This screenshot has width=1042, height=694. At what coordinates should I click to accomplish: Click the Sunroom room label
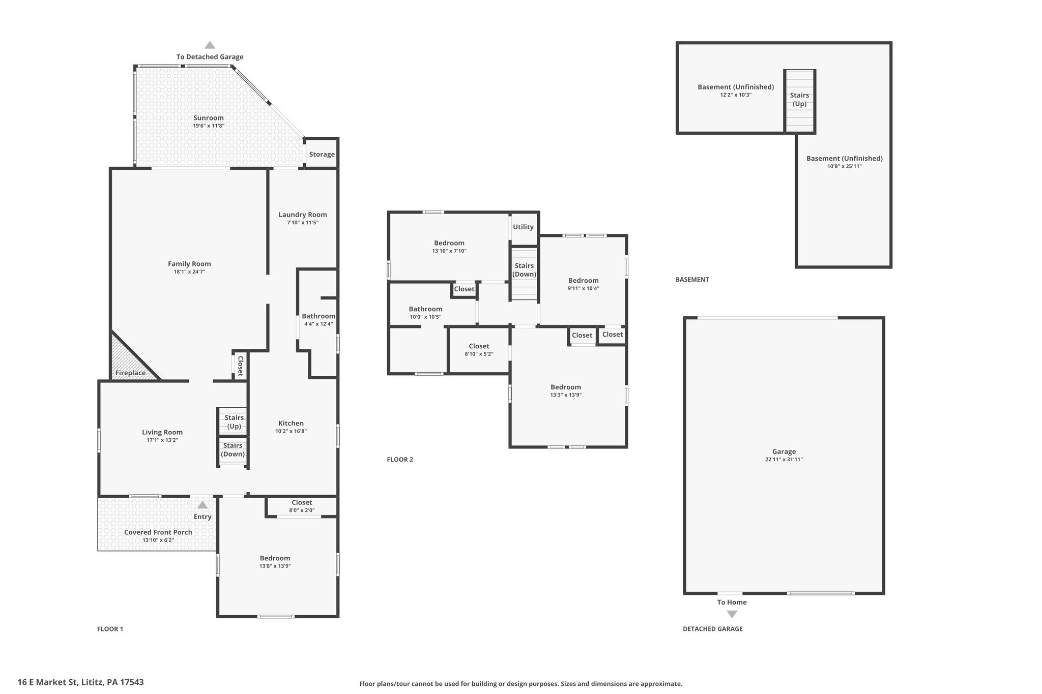tap(209, 118)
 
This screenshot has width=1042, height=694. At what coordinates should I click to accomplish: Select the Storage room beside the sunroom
tap(322, 153)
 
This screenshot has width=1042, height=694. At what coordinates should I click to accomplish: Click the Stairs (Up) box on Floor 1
tap(233, 421)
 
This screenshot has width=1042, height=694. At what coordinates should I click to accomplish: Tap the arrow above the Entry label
tap(202, 505)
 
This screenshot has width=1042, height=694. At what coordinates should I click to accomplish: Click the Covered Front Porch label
tap(158, 532)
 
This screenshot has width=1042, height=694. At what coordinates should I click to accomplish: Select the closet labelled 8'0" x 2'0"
tap(302, 506)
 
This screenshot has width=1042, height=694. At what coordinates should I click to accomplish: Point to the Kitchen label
tap(291, 423)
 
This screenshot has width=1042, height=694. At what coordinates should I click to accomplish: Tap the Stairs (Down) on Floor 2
tap(524, 273)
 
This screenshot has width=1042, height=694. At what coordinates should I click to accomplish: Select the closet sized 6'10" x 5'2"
tap(479, 350)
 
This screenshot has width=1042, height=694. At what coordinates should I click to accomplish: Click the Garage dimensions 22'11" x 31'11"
tap(784, 460)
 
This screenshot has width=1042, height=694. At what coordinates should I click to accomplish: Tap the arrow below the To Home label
tap(732, 614)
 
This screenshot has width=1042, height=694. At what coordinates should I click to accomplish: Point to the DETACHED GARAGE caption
tap(712, 629)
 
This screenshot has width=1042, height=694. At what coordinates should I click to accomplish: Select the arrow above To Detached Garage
tap(210, 45)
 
